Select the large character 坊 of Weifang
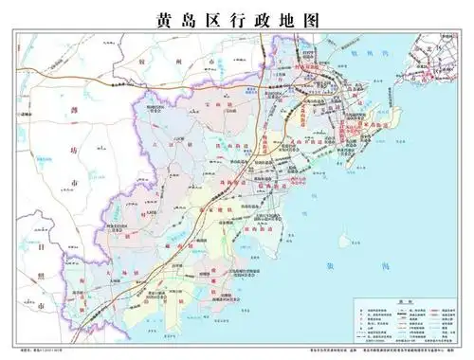pos(44,181)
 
